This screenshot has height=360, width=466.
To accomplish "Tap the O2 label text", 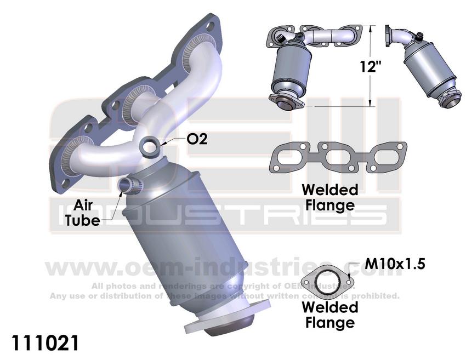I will coord(197,140).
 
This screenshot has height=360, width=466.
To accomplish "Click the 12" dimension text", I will coord(371,67).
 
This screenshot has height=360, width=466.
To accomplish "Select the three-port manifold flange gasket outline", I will coord(338,157).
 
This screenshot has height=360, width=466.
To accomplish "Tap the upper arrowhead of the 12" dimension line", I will coord(371,28).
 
